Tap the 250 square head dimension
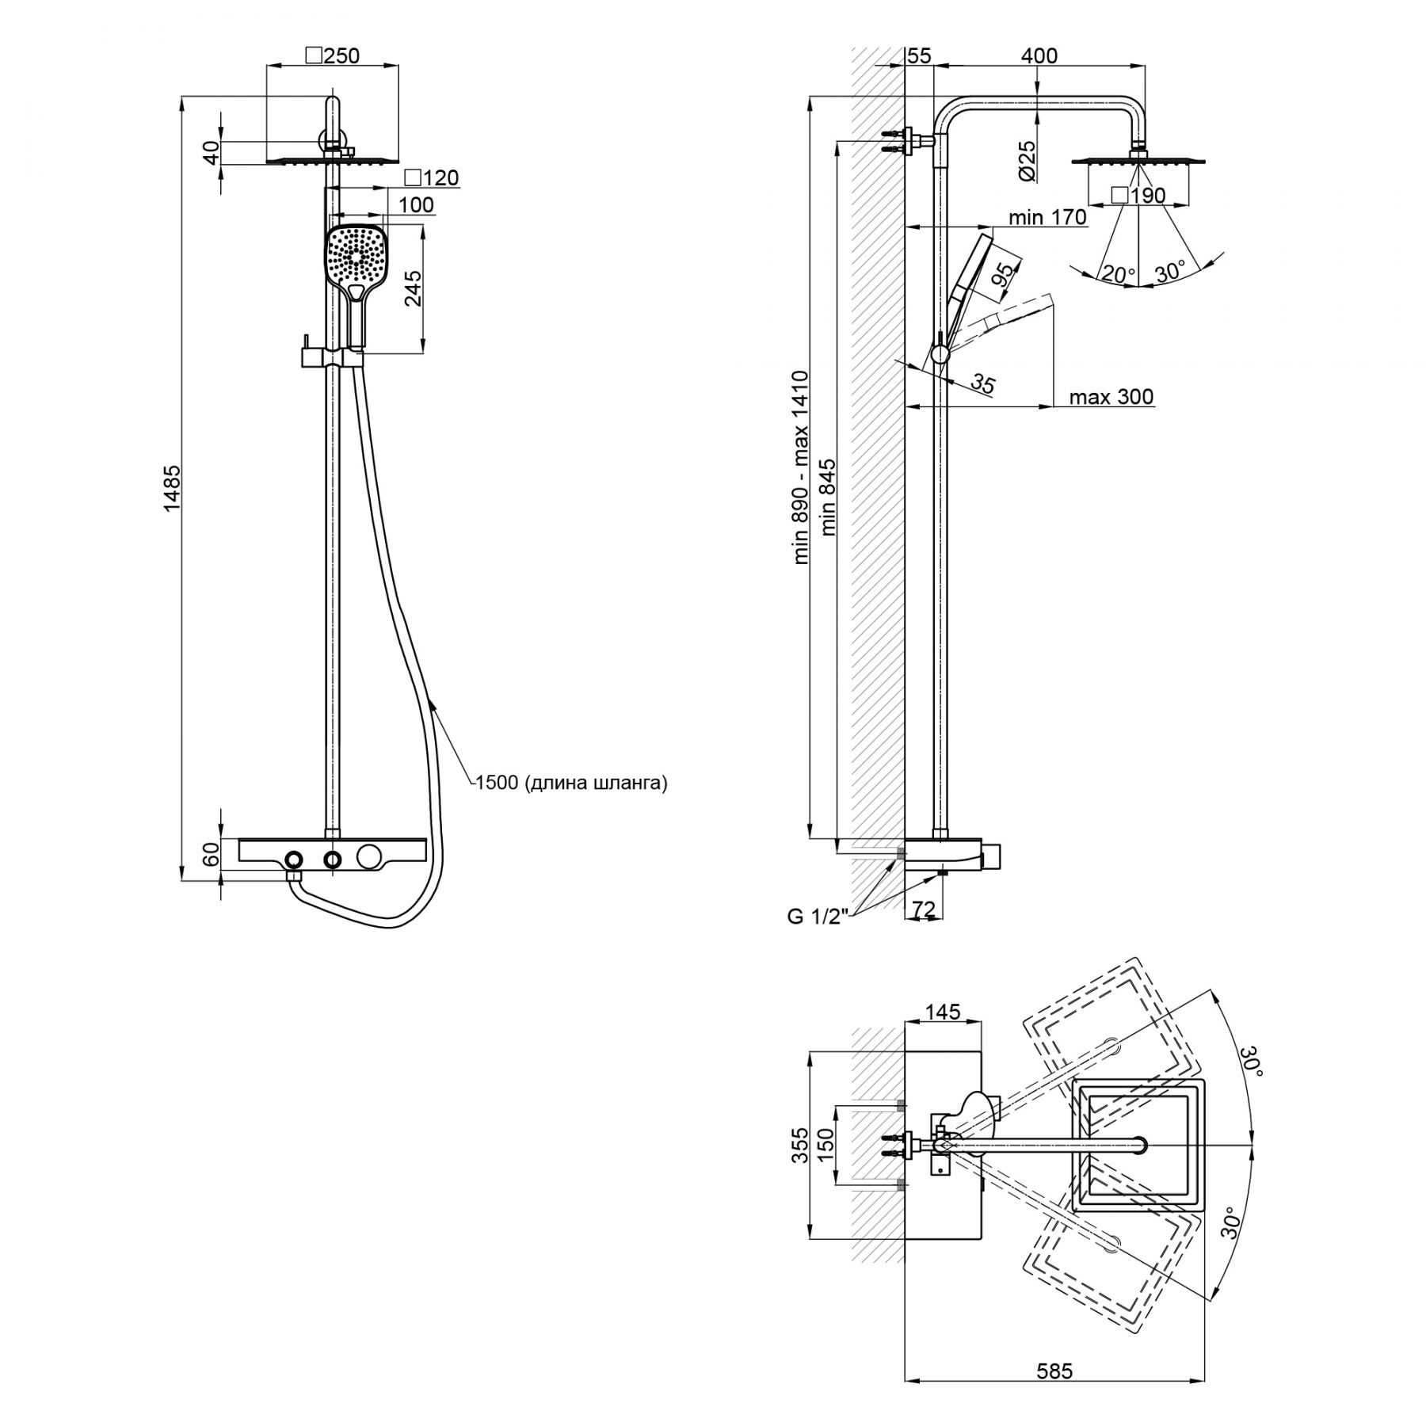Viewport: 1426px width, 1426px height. pos(333,55)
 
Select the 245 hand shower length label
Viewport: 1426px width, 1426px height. pos(412,289)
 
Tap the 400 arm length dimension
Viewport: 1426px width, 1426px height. pos(1039,55)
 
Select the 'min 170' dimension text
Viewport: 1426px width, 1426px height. pos(1047,217)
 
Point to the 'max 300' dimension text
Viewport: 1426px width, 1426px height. pos(1111,397)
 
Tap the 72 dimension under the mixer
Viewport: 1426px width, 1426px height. pos(924,909)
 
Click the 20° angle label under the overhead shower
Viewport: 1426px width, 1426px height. pos(1118,275)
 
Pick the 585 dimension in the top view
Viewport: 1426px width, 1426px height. pos(1054,1370)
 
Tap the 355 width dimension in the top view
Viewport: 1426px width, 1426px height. pos(801,1146)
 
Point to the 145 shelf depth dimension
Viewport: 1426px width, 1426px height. pos(942,1012)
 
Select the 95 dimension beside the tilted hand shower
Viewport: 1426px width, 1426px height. pos(1002,273)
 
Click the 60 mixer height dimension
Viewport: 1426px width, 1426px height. pos(210,856)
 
